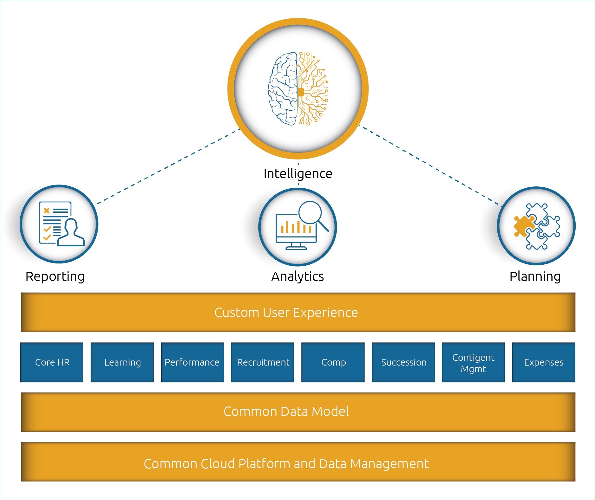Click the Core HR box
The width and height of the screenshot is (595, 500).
tap(52, 362)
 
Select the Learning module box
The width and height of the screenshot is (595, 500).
tap(122, 362)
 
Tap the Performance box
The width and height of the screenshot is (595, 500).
tap(192, 362)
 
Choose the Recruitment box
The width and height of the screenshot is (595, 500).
tap(263, 362)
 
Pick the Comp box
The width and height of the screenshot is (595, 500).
tap(333, 362)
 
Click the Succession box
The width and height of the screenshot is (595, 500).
tap(403, 362)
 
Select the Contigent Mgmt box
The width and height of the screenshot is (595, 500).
tap(473, 362)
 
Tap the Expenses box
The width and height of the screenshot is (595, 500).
tap(543, 362)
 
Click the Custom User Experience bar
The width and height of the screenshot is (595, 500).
tap(298, 313)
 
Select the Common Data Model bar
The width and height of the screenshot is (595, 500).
tap(298, 412)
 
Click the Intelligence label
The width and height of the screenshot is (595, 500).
tap(298, 174)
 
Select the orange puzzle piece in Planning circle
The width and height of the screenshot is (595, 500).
tap(523, 226)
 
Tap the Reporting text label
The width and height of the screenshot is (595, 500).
tap(55, 276)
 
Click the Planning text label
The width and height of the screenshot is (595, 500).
tap(535, 276)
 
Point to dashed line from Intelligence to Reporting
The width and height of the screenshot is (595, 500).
tap(168, 166)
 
